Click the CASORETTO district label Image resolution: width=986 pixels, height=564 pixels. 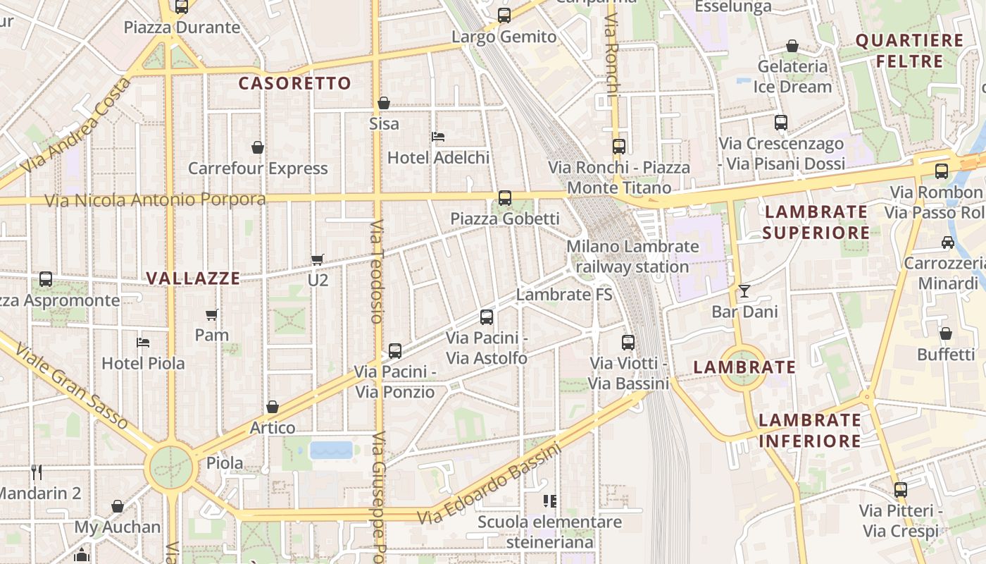pyautogui.click(x=294, y=83)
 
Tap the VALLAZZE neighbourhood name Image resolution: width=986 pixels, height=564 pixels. pyautogui.click(x=193, y=278)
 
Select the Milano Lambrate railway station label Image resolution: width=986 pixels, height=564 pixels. pyautogui.click(x=632, y=257)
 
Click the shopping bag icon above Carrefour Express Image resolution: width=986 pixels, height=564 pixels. pyautogui.click(x=258, y=147)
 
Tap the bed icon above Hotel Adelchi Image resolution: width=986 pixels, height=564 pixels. pyautogui.click(x=438, y=136)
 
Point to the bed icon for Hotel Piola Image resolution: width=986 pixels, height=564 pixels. pyautogui.click(x=143, y=343)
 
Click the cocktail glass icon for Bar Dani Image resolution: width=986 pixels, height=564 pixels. pyautogui.click(x=744, y=290)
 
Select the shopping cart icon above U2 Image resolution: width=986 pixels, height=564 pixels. pyautogui.click(x=318, y=260)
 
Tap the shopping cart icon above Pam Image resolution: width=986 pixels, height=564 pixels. pyautogui.click(x=212, y=314)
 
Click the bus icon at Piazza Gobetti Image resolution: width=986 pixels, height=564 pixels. pyautogui.click(x=505, y=198)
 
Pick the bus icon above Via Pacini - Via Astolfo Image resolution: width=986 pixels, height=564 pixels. pyautogui.click(x=487, y=317)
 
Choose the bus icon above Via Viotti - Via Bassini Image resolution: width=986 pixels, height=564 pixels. pyautogui.click(x=628, y=343)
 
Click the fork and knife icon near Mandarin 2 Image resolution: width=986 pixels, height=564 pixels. pyautogui.click(x=37, y=472)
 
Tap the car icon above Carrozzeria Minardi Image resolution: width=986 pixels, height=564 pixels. pyautogui.click(x=948, y=243)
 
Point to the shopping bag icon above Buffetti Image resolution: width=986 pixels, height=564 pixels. pyautogui.click(x=946, y=333)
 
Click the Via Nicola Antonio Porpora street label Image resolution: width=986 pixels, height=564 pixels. pyautogui.click(x=155, y=200)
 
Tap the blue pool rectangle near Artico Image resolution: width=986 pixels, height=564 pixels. pyautogui.click(x=331, y=450)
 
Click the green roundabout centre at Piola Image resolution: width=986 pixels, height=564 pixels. pyautogui.click(x=170, y=467)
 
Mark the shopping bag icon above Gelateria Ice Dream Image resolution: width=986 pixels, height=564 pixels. pyautogui.click(x=792, y=46)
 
